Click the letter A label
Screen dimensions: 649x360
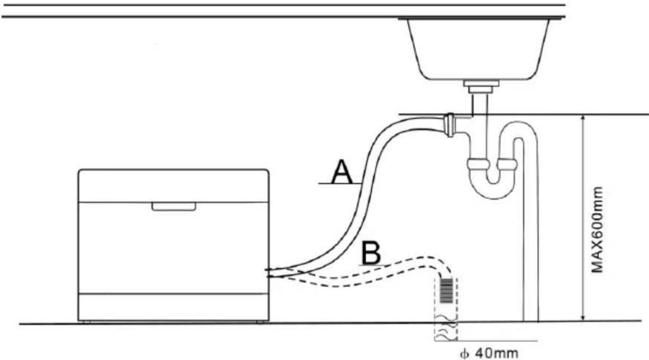pyautogui.click(x=342, y=172)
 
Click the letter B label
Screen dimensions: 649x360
pyautogui.click(x=371, y=253)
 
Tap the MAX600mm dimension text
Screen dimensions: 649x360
pyautogui.click(x=597, y=230)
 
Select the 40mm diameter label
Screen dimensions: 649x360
pyautogui.click(x=489, y=353)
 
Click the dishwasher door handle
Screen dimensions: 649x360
pyautogui.click(x=174, y=207)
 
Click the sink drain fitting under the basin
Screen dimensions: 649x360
pyautogui.click(x=481, y=87)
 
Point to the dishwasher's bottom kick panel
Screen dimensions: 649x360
pyautogui.click(x=174, y=307)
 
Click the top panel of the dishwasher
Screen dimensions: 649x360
pyautogui.click(x=174, y=186)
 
